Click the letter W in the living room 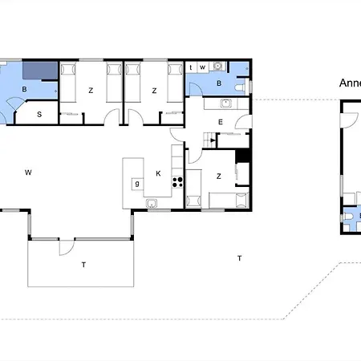click(x=28, y=172)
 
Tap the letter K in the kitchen click(x=158, y=172)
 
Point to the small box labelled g click(x=137, y=184)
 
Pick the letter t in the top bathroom click(x=192, y=67)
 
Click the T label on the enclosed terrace click(x=82, y=264)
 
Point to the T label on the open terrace click(x=239, y=258)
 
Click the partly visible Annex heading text click(x=350, y=82)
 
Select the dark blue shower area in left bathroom click(x=39, y=71)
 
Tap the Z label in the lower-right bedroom click(x=218, y=176)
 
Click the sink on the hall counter click(x=227, y=103)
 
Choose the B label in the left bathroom click(x=25, y=90)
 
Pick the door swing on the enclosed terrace click(x=62, y=249)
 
